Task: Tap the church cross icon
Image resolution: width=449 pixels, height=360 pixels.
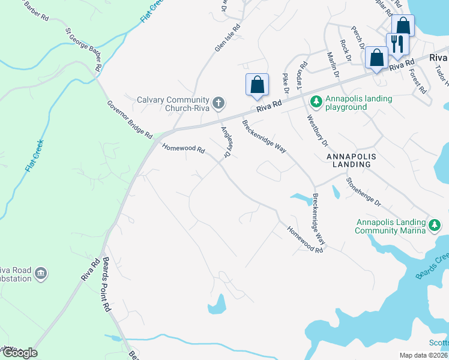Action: [x=218, y=103]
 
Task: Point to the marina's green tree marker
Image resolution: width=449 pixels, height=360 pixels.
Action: [x=435, y=226]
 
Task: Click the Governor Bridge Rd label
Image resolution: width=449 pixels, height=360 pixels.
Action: [x=130, y=120]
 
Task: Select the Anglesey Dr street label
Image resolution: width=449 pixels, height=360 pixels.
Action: [x=227, y=142]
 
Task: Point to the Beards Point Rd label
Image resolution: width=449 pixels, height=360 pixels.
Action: [x=106, y=284]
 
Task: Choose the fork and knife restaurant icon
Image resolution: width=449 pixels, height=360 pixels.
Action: [x=397, y=44]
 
